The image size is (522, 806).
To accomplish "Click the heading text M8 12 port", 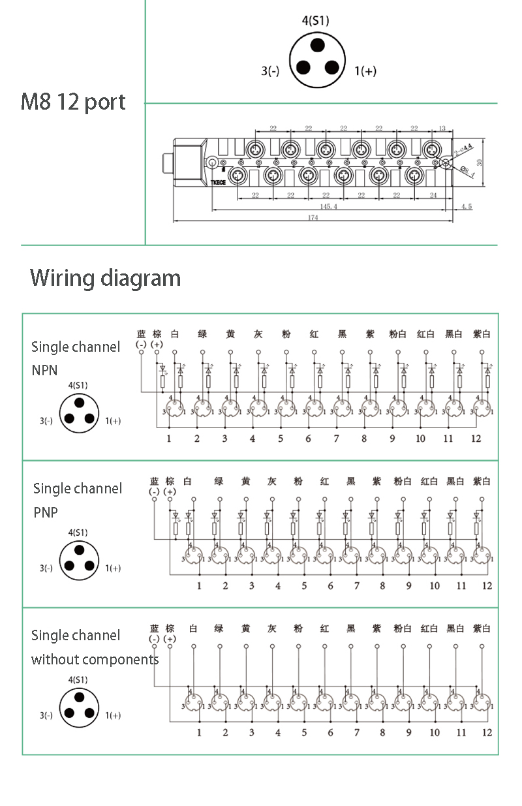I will pyautogui.click(x=73, y=102).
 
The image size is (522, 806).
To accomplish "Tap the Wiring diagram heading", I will pyautogui.click(x=105, y=278).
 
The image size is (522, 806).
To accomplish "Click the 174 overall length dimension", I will pyautogui.click(x=313, y=218).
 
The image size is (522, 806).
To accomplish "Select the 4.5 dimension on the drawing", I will pyautogui.click(x=467, y=207).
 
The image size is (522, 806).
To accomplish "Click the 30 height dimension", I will pyautogui.click(x=482, y=161).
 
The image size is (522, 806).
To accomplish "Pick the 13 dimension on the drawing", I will pyautogui.click(x=442, y=129).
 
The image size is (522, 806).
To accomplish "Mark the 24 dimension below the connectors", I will pyautogui.click(x=434, y=195).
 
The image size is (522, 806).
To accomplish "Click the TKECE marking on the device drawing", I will pyautogui.click(x=218, y=183).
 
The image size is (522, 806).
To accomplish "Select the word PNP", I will pyautogui.click(x=46, y=513).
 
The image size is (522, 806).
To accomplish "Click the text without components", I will pyautogui.click(x=95, y=659).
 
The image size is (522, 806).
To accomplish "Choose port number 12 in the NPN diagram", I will pyautogui.click(x=476, y=439).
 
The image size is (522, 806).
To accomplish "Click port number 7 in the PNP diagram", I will pyautogui.click(x=356, y=585).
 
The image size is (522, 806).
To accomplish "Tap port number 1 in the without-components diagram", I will pyautogui.click(x=199, y=732).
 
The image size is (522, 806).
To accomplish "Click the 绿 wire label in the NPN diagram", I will pyautogui.click(x=202, y=334).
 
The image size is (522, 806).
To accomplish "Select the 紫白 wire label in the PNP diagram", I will pyautogui.click(x=482, y=482).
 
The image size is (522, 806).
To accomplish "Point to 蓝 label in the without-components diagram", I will pyautogui.click(x=154, y=628).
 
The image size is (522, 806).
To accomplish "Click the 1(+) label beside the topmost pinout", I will pyautogui.click(x=365, y=71).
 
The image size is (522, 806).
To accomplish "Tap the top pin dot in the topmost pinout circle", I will pyautogui.click(x=317, y=44).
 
